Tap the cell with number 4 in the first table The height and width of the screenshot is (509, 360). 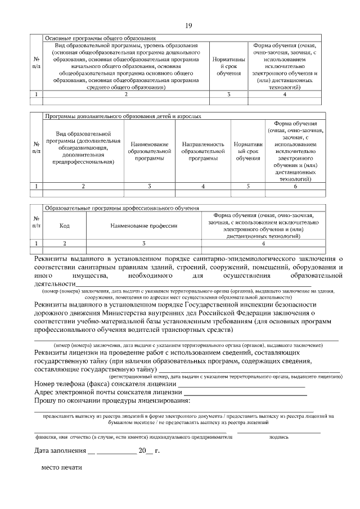285,94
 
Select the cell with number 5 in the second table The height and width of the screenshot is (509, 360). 247,186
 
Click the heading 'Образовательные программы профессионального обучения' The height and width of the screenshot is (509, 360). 121,208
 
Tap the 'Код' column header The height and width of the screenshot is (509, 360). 65,226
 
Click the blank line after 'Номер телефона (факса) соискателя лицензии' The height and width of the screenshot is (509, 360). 242,384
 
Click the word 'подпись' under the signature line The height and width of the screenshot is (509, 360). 279,436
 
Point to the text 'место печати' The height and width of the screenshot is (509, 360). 61,468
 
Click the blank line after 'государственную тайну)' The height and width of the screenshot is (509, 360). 247,369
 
